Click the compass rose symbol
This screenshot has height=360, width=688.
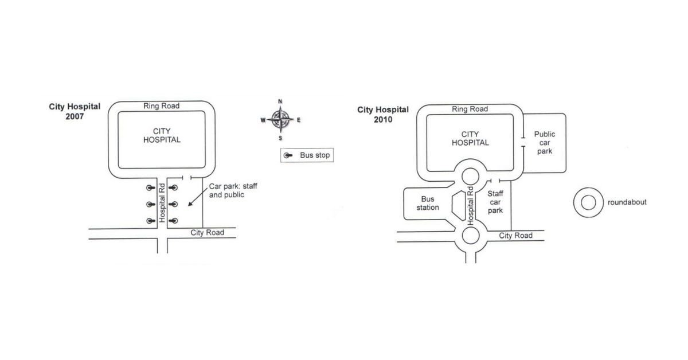coord(280,119)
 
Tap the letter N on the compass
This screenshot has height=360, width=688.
coord(280,101)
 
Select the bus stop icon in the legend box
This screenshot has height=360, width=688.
coord(288,155)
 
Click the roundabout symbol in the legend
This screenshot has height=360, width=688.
coord(588,203)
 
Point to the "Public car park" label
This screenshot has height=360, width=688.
coord(545,143)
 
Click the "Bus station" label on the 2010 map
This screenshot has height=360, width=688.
coord(428,204)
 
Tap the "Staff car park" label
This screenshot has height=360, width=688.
coord(495,202)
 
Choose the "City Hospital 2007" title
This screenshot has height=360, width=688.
coord(75,112)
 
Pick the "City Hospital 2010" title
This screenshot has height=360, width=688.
coord(383,115)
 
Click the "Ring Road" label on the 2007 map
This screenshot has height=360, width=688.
coord(161,106)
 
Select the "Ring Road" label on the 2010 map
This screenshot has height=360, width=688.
coord(470,109)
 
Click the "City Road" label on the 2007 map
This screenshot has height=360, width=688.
coord(208,233)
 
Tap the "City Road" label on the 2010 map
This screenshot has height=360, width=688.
coord(515,236)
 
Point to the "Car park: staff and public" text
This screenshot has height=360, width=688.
coord(233,190)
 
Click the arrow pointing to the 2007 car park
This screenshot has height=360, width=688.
coord(198,197)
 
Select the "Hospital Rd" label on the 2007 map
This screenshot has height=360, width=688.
coord(162,203)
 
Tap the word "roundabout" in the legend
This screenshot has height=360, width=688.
coord(627,202)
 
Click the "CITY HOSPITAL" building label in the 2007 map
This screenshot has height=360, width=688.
coord(162,135)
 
